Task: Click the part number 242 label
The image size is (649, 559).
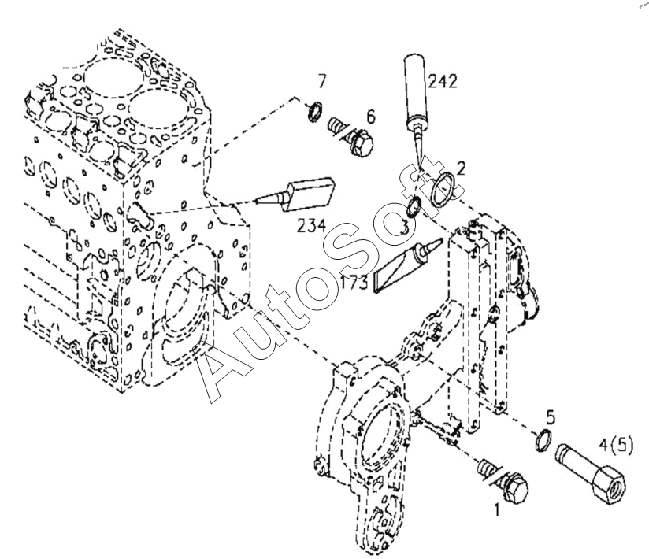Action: click(x=441, y=80)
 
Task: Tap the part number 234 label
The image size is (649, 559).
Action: click(x=311, y=226)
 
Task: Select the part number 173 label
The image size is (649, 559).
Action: click(x=355, y=283)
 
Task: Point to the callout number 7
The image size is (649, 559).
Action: click(x=321, y=81)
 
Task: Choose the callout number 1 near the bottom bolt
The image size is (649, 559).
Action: click(x=496, y=509)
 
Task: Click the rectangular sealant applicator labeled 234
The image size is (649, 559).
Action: click(x=311, y=192)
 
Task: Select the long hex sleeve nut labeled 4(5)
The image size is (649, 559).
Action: click(x=592, y=470)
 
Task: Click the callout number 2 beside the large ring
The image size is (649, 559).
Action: click(x=461, y=167)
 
